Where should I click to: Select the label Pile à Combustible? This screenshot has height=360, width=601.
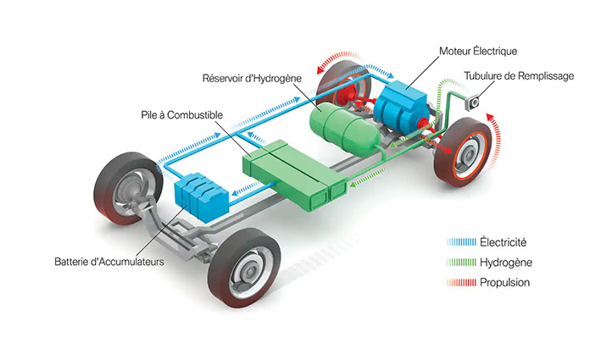coord(181,114)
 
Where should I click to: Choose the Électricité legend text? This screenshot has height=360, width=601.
coord(503,241)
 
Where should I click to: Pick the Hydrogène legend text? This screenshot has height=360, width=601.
coord(504,262)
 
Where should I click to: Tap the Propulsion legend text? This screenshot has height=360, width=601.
coord(504,282)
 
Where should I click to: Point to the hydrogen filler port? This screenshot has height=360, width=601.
coord(473,102)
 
